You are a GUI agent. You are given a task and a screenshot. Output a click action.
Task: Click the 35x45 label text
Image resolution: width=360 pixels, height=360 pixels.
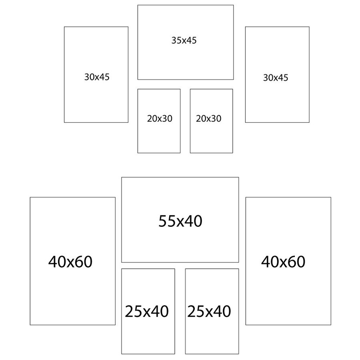point(184,40)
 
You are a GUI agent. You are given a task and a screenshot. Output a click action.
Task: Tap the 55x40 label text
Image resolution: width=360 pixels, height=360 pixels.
point(180,221)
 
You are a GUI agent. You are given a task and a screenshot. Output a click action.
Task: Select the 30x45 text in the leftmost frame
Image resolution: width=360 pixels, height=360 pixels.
point(97,77)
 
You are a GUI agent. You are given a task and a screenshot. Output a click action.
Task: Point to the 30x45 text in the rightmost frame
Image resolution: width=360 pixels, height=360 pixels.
point(276,78)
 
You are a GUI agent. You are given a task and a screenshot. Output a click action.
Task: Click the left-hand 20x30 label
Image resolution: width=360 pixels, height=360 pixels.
point(160,118)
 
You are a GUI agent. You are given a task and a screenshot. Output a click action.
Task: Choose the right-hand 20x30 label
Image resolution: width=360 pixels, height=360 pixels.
point(208,118)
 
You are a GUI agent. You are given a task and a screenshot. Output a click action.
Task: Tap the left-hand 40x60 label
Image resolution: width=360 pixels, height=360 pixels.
point(70,262)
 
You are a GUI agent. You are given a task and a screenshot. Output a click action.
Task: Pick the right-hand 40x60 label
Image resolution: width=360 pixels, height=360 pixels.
point(283,262)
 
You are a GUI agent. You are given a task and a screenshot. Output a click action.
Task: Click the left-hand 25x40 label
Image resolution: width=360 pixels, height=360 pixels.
point(147,311)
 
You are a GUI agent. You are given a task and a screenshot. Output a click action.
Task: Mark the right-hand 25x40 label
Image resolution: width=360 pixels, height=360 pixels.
point(209,311)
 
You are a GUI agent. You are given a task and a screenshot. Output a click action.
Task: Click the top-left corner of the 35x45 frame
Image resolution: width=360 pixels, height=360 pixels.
point(138,5)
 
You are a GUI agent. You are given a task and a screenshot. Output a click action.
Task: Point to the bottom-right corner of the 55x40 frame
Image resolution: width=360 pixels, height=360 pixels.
point(238,262)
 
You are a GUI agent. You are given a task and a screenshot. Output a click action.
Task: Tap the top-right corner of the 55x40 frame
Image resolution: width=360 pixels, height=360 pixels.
point(238,177)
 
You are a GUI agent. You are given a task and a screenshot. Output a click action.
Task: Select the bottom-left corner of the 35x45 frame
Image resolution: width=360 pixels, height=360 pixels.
point(138,80)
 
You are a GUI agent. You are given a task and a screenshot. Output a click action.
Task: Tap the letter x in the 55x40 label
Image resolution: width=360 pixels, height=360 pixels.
point(180,223)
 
